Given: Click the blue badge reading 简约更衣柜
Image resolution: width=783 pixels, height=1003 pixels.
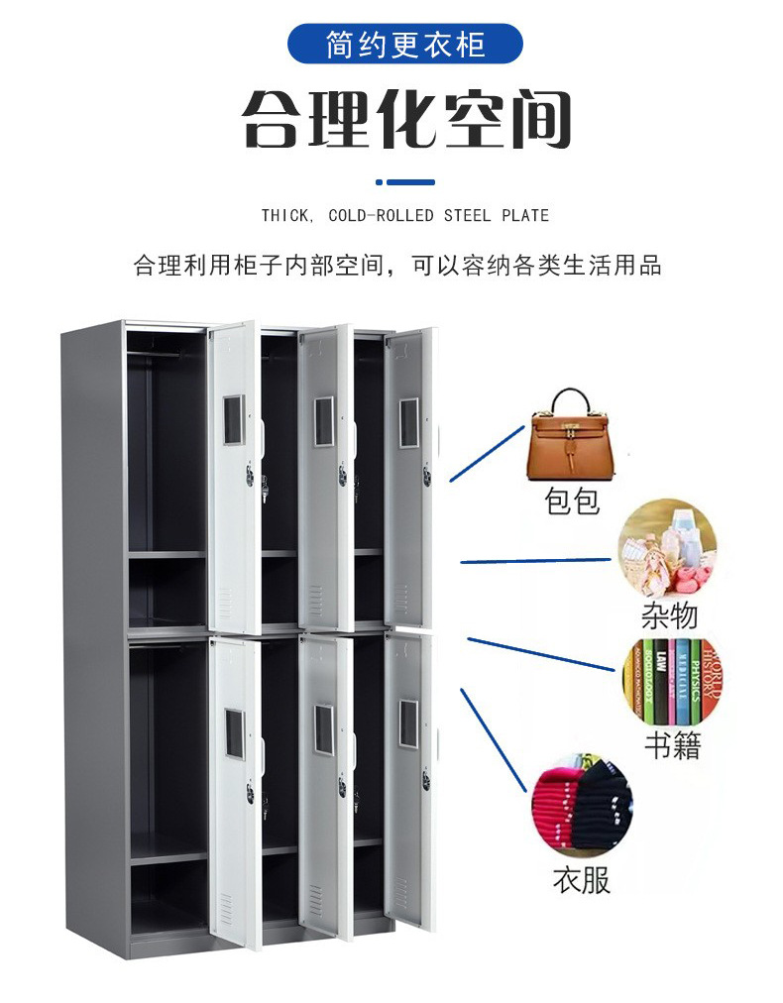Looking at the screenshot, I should coord(404,45).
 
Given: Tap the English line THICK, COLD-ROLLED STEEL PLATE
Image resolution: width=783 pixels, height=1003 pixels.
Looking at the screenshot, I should coord(404,215).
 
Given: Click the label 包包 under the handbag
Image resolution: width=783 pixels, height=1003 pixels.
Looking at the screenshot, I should coord(573,501).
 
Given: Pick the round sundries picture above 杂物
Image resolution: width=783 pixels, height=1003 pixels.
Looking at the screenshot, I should coord(667,547).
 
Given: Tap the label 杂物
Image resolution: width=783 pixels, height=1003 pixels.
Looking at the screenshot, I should coord(669,616).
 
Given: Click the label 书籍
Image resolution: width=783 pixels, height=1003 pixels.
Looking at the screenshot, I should coord(672,745).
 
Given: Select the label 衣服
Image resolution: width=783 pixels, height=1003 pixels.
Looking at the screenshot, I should coord(582,878).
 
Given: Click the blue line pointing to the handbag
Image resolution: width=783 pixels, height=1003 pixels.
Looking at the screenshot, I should coord(486,454).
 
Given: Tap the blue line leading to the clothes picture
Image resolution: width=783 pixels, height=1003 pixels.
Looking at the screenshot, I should coord(492,739).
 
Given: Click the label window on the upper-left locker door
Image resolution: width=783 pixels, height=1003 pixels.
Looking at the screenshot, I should coord(233,420).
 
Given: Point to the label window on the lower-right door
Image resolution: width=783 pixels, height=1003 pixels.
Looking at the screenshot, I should coord(408,724).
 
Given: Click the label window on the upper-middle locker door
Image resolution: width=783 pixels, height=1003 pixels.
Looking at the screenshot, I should coord(324,420).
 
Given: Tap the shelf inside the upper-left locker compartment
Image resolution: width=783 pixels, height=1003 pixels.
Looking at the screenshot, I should coord(167,555).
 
